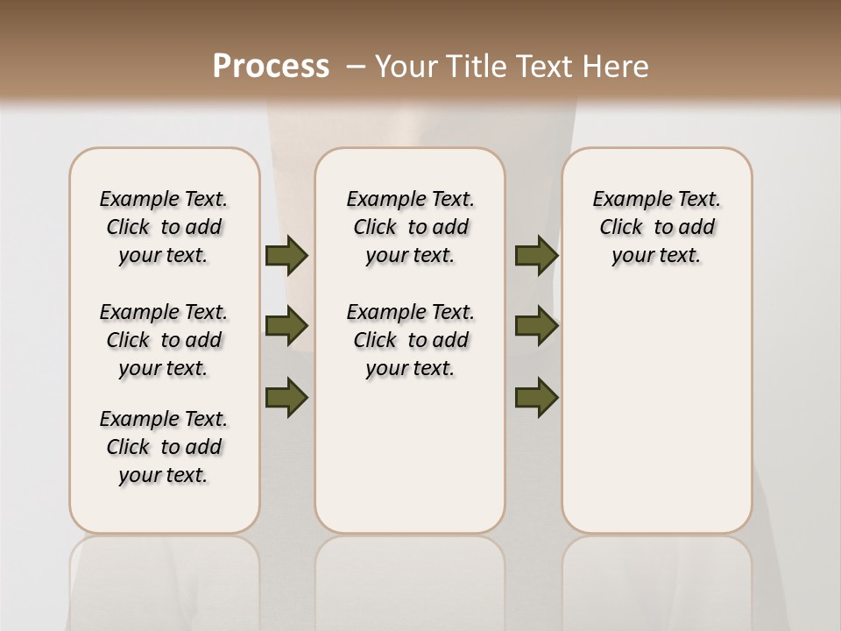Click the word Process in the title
[x=271, y=66]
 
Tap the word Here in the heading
[x=614, y=66]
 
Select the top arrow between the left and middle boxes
[x=286, y=255]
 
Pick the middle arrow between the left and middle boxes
[x=286, y=326]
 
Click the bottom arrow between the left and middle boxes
[x=286, y=398]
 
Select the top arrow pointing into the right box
[x=536, y=255]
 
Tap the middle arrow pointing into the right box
[x=536, y=326]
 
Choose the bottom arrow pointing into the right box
[x=536, y=398]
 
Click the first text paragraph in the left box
[x=164, y=227]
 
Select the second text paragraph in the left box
[x=164, y=340]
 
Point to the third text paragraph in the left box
[x=164, y=447]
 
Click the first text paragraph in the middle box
[x=410, y=227]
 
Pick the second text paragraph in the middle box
[x=410, y=340]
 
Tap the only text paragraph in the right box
[x=656, y=227]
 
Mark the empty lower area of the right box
[x=656, y=412]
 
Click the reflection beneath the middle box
[x=410, y=578]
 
